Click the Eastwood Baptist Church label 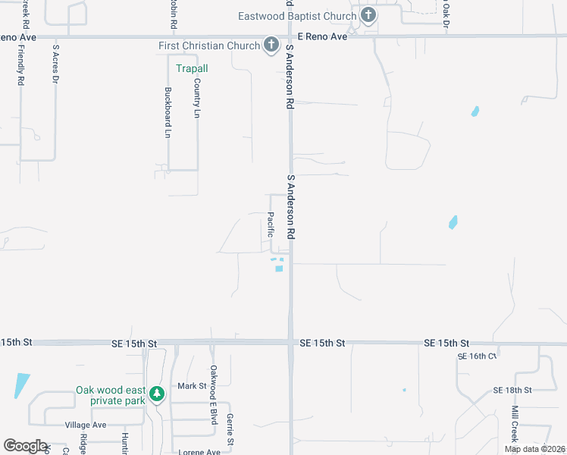pos(296,16)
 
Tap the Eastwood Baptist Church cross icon pos(368,15)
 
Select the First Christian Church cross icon pos(271,45)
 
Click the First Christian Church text pos(209,45)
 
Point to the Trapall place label pos(192,68)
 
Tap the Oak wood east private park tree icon pos(156,394)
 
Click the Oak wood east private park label pos(110,395)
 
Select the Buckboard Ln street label pos(168,112)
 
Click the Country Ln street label pos(197,98)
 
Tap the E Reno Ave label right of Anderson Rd pos(322,36)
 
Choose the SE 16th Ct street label pos(476,356)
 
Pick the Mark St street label pos(192,386)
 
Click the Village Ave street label pos(86,425)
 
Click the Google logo pos(25,446)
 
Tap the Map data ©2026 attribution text pos(534,449)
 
